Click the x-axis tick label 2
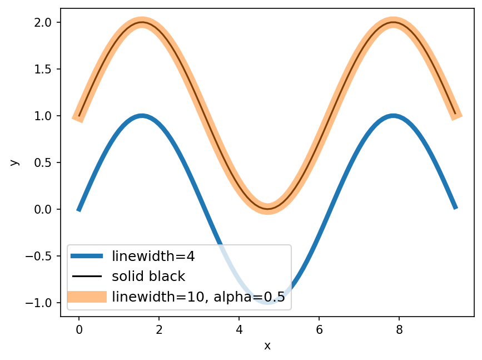[x=159, y=329]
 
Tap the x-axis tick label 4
[x=239, y=329]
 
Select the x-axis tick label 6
[x=319, y=329]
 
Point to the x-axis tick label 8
[x=399, y=329]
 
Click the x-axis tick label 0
[x=79, y=329]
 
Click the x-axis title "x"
[x=267, y=346]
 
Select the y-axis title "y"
[x=14, y=162]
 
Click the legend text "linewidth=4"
[x=153, y=257]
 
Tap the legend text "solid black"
[x=148, y=276]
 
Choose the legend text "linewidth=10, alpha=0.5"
[x=198, y=297]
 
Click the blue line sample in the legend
[x=87, y=256]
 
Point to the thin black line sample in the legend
[x=87, y=276]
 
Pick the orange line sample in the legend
[x=87, y=297]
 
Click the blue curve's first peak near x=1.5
[x=142, y=116]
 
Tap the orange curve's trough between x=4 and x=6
[x=267, y=209]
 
